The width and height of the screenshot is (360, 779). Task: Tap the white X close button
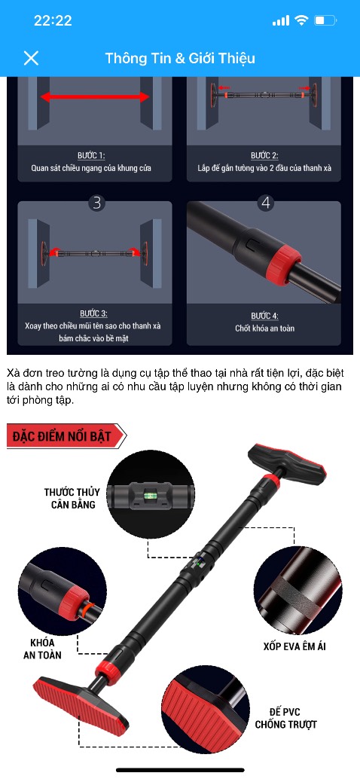(31, 58)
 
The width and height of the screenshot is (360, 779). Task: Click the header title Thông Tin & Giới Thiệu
(180, 58)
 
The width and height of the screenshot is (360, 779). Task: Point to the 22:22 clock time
(53, 20)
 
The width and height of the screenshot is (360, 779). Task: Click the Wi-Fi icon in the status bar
(302, 20)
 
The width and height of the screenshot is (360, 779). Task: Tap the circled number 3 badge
(96, 202)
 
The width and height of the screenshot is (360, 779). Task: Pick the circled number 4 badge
(264, 202)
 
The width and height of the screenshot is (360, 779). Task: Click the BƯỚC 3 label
(93, 313)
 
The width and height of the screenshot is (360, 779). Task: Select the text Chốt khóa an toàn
(264, 328)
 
